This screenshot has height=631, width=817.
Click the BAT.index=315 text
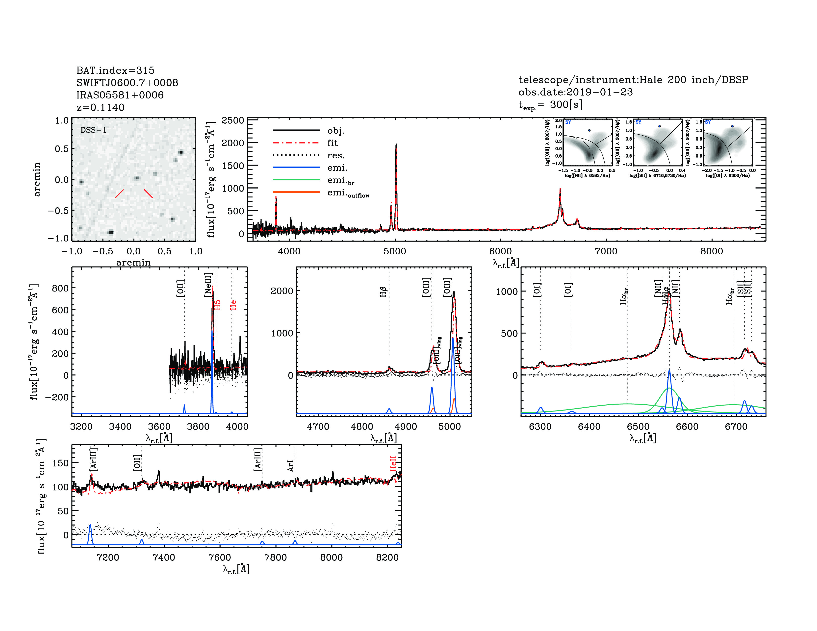pos(115,70)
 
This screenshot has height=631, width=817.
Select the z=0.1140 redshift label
pos(100,108)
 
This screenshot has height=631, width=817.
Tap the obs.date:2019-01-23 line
pos(575,92)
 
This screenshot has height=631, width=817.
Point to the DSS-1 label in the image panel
pos(94,130)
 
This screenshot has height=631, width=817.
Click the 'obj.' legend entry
pos(335,130)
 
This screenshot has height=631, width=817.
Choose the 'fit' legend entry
pos(332,143)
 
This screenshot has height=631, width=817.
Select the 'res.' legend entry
pos(335,155)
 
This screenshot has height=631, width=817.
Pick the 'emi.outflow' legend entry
pos(348,193)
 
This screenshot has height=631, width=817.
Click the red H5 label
pos(217,305)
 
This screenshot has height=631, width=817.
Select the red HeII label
pos(393,463)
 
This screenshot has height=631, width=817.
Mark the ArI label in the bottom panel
pos(291,466)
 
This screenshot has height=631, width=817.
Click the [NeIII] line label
pos(208,285)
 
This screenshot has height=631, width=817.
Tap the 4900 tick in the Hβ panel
pos(406,427)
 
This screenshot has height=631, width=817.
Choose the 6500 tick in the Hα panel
pos(638,427)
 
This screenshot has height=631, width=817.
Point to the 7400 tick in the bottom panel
pos(164,557)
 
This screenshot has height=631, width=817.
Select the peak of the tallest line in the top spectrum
pos(396,144)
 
